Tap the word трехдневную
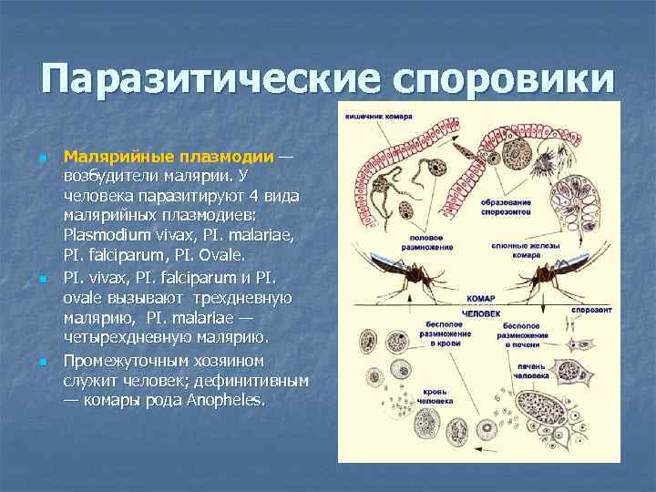tap(237, 298)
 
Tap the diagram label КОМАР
tap(480, 299)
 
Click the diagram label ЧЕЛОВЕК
tap(481, 313)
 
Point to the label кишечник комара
tap(378, 117)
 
